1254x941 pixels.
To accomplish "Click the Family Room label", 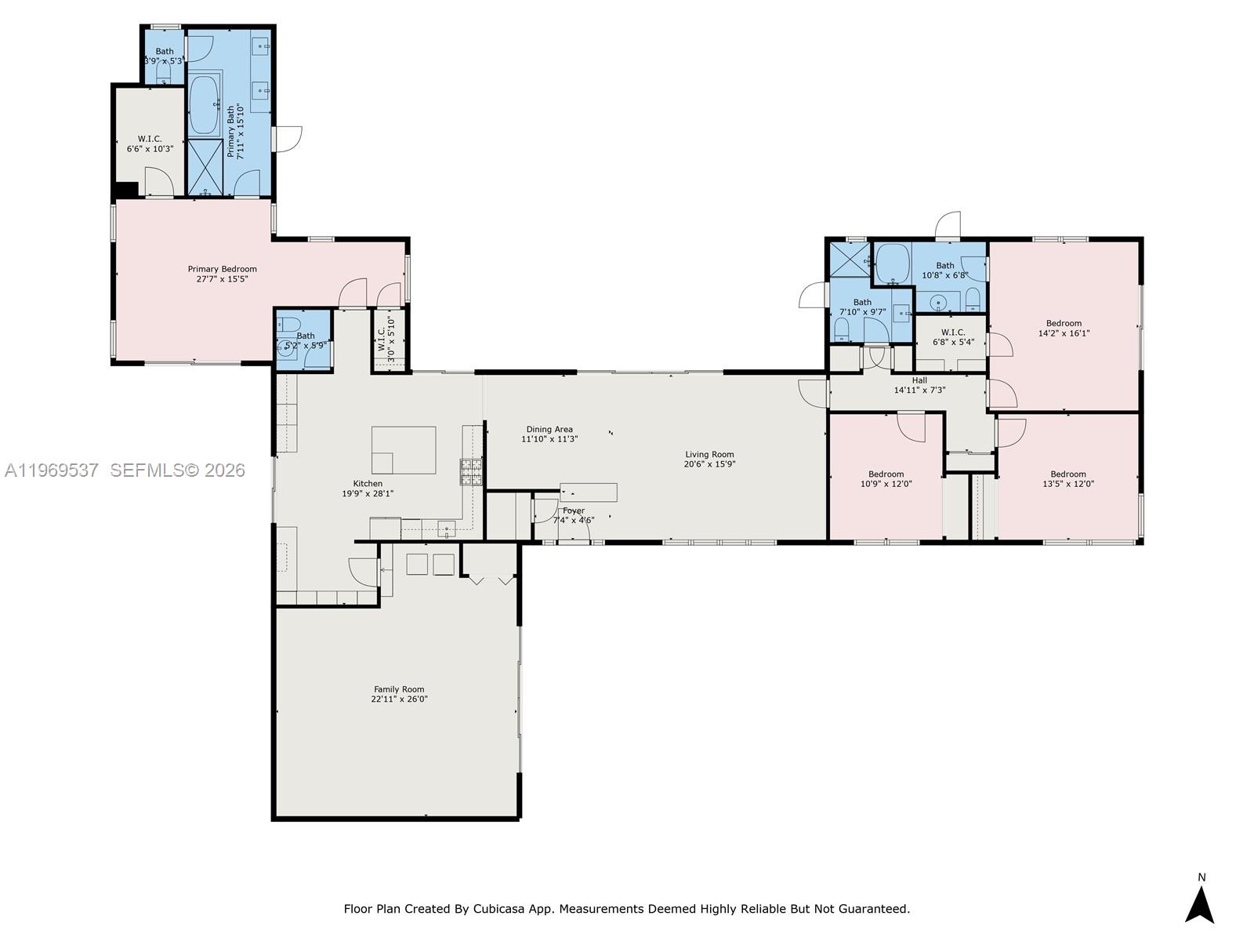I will pos(399,689).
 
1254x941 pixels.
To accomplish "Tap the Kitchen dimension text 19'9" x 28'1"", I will pos(368,494).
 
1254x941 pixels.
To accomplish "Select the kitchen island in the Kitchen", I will pos(404,450).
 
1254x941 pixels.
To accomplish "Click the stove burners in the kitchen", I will pos(471,471).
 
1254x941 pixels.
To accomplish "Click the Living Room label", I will pos(709,454).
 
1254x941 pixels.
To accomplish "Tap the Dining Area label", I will pos(549,429).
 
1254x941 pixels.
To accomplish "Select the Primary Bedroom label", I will pos(222,269).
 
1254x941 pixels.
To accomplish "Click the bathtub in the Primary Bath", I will pos(205,105).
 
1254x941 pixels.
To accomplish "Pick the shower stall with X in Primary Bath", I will pos(205,167).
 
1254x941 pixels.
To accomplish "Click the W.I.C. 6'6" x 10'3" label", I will pos(150,144).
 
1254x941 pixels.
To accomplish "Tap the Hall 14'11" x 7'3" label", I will pos(919,385).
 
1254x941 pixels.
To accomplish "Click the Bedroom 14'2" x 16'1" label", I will pos(1064,328).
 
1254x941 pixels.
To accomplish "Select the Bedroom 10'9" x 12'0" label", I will pos(886,478).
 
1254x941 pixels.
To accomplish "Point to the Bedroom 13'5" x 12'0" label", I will pos(1068,478).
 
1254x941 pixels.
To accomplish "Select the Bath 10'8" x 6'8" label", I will pos(945,271).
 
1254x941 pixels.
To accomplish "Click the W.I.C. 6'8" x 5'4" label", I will pos(953,337).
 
